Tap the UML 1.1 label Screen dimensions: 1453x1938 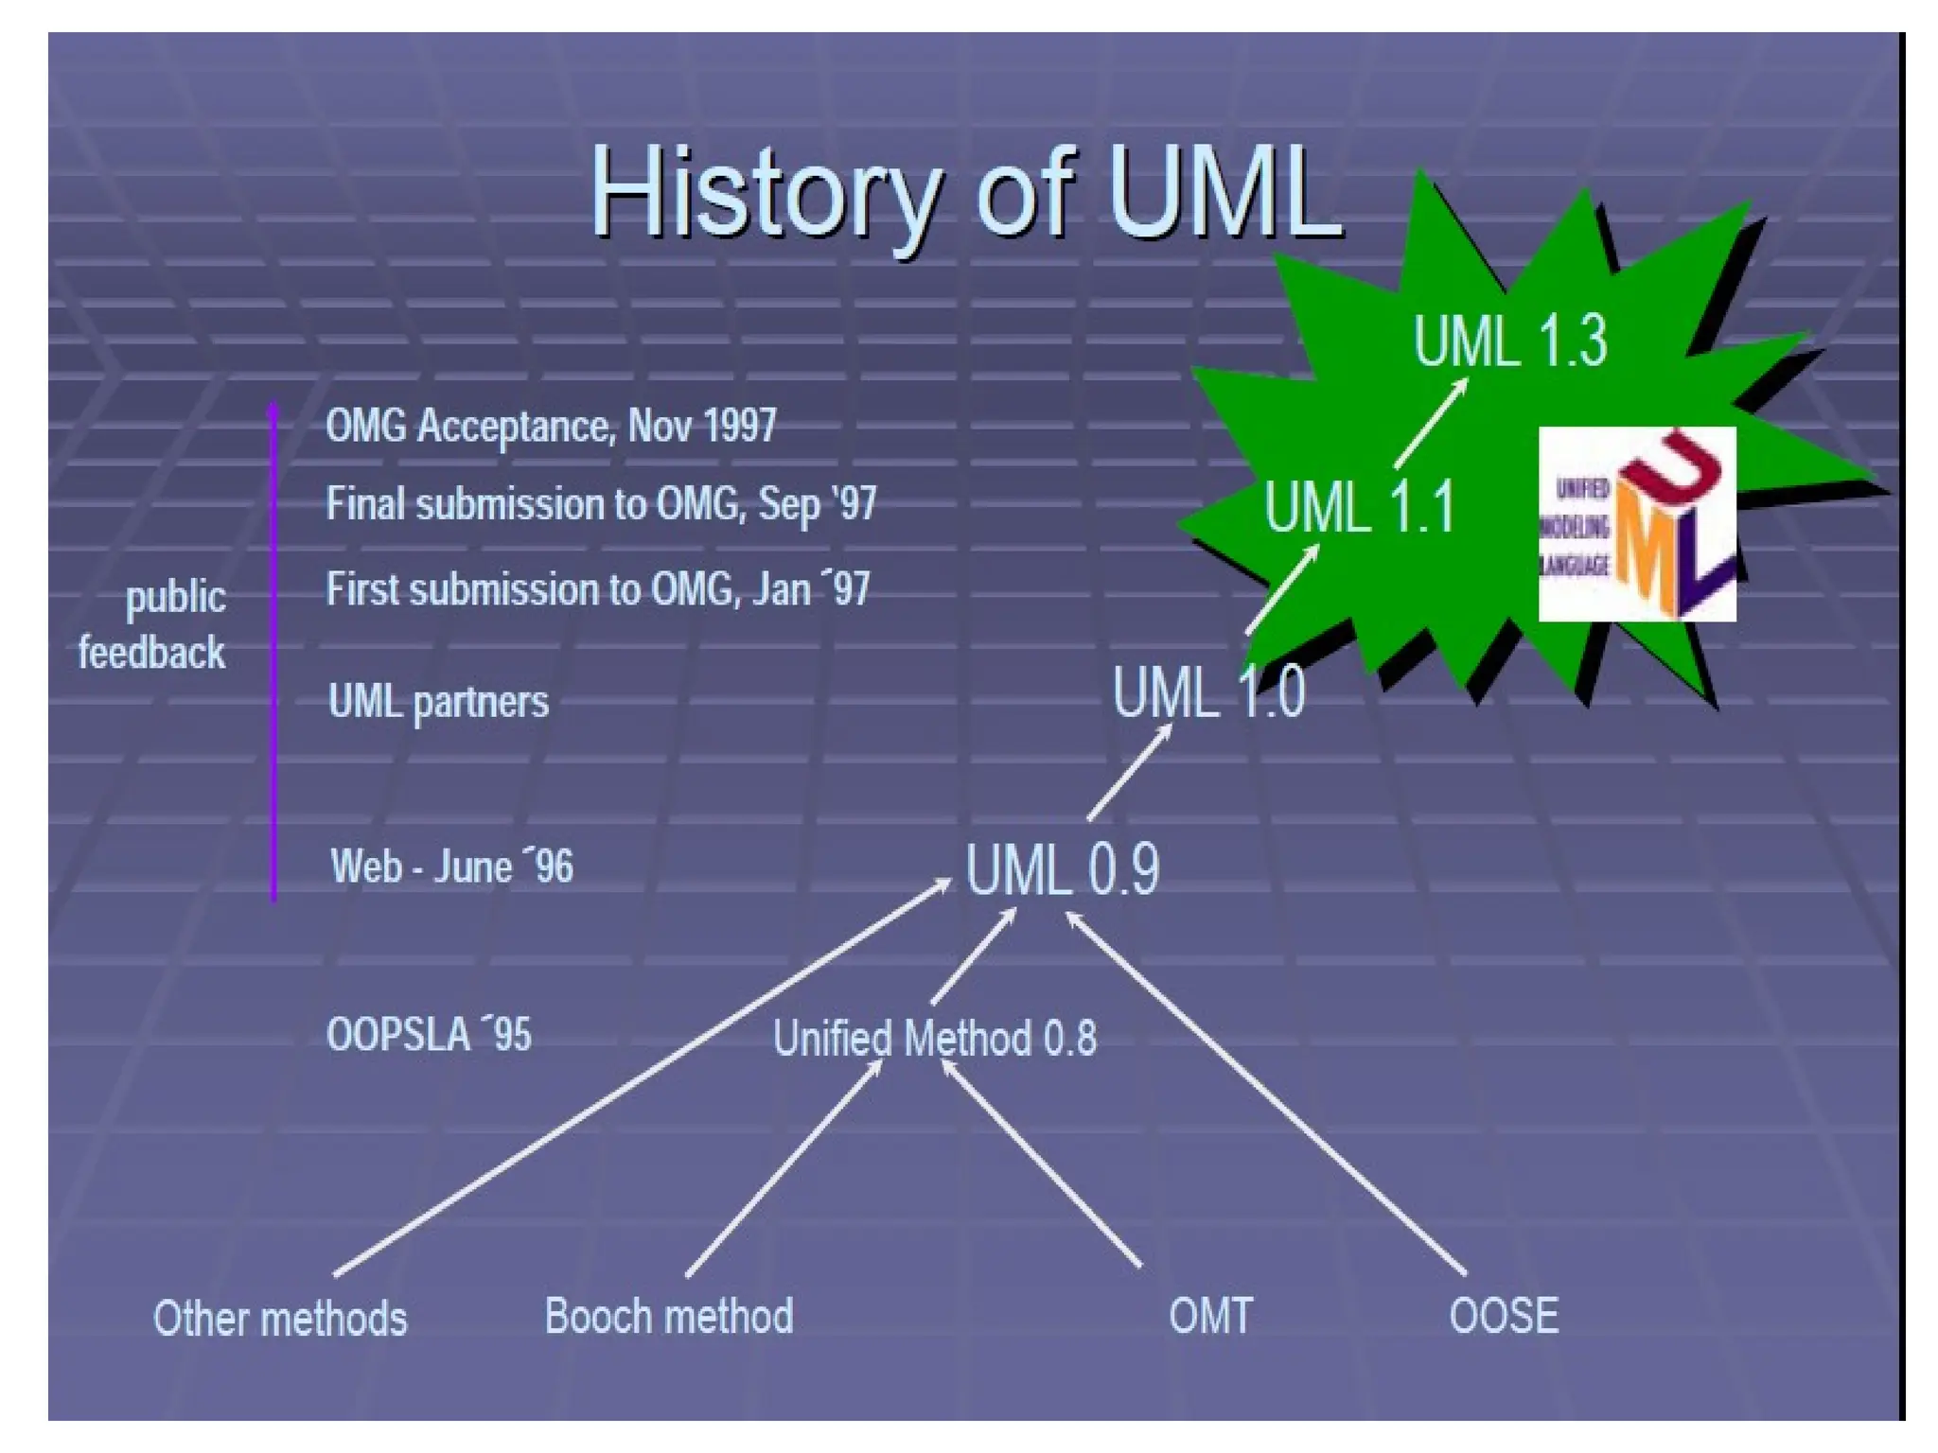[x=1359, y=507]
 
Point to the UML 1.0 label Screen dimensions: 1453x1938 [x=1208, y=692]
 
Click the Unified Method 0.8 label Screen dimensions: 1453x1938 [x=935, y=1039]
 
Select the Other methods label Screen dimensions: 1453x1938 [x=280, y=1319]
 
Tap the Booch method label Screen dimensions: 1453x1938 [x=668, y=1317]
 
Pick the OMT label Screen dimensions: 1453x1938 [x=1210, y=1317]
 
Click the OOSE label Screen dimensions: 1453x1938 [x=1504, y=1317]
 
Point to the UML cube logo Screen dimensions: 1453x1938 [x=1637, y=524]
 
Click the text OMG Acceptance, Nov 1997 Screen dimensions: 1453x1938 [x=551, y=426]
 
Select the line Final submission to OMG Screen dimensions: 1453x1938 [x=601, y=503]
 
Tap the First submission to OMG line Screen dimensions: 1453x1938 [x=597, y=589]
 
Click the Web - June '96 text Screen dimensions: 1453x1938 [x=451, y=867]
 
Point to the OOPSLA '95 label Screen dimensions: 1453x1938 [x=429, y=1035]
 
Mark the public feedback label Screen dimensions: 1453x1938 [x=154, y=624]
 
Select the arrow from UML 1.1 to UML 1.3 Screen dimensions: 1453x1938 [x=1430, y=424]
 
